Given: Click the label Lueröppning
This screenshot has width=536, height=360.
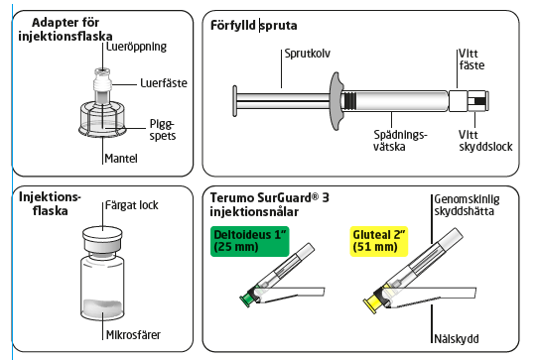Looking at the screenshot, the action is click(x=136, y=47).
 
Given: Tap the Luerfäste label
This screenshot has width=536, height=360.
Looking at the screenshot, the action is click(x=164, y=83).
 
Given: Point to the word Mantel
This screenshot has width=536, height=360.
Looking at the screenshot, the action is click(x=121, y=159).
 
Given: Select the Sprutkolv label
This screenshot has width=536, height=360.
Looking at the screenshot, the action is click(x=308, y=54).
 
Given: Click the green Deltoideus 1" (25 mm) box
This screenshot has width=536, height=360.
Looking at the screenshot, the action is click(x=250, y=241).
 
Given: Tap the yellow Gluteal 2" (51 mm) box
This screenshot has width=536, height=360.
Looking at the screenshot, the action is click(x=379, y=241).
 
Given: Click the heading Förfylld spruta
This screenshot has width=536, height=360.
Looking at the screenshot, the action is click(x=254, y=26).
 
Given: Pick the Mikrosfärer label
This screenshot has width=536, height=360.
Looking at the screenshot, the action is click(x=133, y=335).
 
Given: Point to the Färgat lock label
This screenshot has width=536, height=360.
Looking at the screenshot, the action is click(x=132, y=205).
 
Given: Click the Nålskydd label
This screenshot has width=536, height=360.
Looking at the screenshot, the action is click(x=457, y=339).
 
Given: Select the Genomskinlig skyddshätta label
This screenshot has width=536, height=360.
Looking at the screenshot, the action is click(x=467, y=205).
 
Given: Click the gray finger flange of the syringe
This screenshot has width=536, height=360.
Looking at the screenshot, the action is click(x=336, y=101).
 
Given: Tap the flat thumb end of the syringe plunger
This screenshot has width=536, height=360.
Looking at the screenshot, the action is click(x=235, y=101).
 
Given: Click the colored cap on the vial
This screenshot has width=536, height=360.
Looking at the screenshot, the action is click(x=102, y=239).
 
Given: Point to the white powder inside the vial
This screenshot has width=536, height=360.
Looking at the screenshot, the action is click(x=102, y=306).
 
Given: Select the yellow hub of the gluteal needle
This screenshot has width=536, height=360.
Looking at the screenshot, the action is click(x=372, y=303).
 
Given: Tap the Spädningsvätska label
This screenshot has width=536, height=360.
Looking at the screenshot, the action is click(x=400, y=141).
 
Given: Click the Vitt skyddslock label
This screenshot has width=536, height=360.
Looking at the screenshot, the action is click(x=485, y=141).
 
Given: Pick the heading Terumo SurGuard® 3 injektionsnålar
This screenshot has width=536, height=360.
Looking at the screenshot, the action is click(x=270, y=204).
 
